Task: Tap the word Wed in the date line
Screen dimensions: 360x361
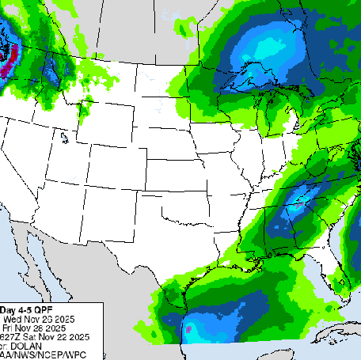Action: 13,319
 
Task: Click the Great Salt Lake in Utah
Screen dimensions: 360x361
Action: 63,138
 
